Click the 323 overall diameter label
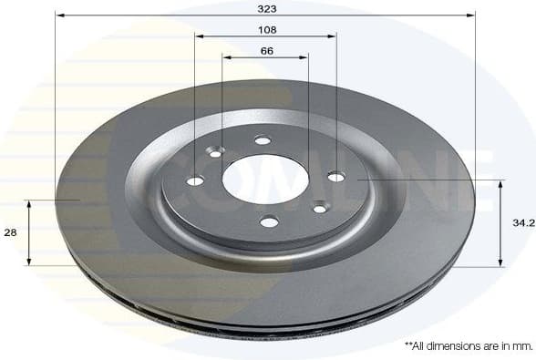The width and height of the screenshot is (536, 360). coord(266,7)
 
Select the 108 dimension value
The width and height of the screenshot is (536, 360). coord(266,29)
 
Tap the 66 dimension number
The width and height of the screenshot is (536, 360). coord(266,50)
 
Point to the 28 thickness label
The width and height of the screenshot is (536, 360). coord(11,233)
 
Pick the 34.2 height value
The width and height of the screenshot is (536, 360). coord(522,222)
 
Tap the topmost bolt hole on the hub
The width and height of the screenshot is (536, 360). coord(263,139)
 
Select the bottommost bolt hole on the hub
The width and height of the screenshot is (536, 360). coord(268,221)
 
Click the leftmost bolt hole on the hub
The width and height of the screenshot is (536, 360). coord(195,180)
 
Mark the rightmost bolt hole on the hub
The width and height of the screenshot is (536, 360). coord(335,176)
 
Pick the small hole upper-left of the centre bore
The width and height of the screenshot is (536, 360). coord(216,153)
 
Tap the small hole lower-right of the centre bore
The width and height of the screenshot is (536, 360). coord(320,209)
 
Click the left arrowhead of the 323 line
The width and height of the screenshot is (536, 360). coord(59,15)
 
